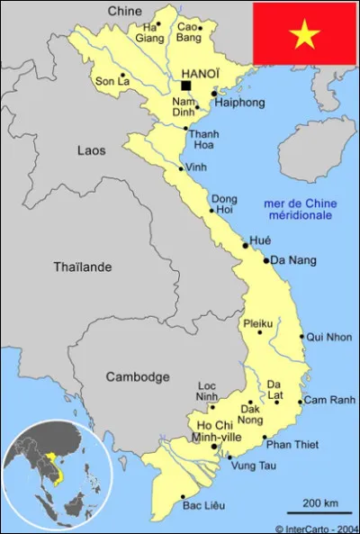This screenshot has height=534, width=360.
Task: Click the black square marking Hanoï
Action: click(x=186, y=86)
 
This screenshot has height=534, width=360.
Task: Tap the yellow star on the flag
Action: click(x=304, y=34)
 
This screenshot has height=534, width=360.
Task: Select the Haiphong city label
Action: click(x=240, y=103)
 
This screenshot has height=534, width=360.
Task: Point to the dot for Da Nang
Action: click(x=266, y=260)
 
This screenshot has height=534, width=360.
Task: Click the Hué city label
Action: click(x=260, y=240)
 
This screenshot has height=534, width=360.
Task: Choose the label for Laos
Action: click(x=91, y=150)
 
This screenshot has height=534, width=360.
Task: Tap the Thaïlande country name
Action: click(x=83, y=267)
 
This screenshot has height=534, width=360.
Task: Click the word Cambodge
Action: click(x=137, y=376)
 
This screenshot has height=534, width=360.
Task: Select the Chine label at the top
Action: click(x=125, y=10)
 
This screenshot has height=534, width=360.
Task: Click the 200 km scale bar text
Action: click(x=320, y=502)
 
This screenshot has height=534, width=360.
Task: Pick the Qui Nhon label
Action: click(x=328, y=337)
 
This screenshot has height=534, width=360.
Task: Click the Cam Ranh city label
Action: click(x=329, y=400)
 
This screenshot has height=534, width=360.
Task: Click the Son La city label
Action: click(x=112, y=81)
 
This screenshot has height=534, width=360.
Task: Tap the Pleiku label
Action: click(x=257, y=323)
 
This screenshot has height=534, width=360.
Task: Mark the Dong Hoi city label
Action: click(x=224, y=204)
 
